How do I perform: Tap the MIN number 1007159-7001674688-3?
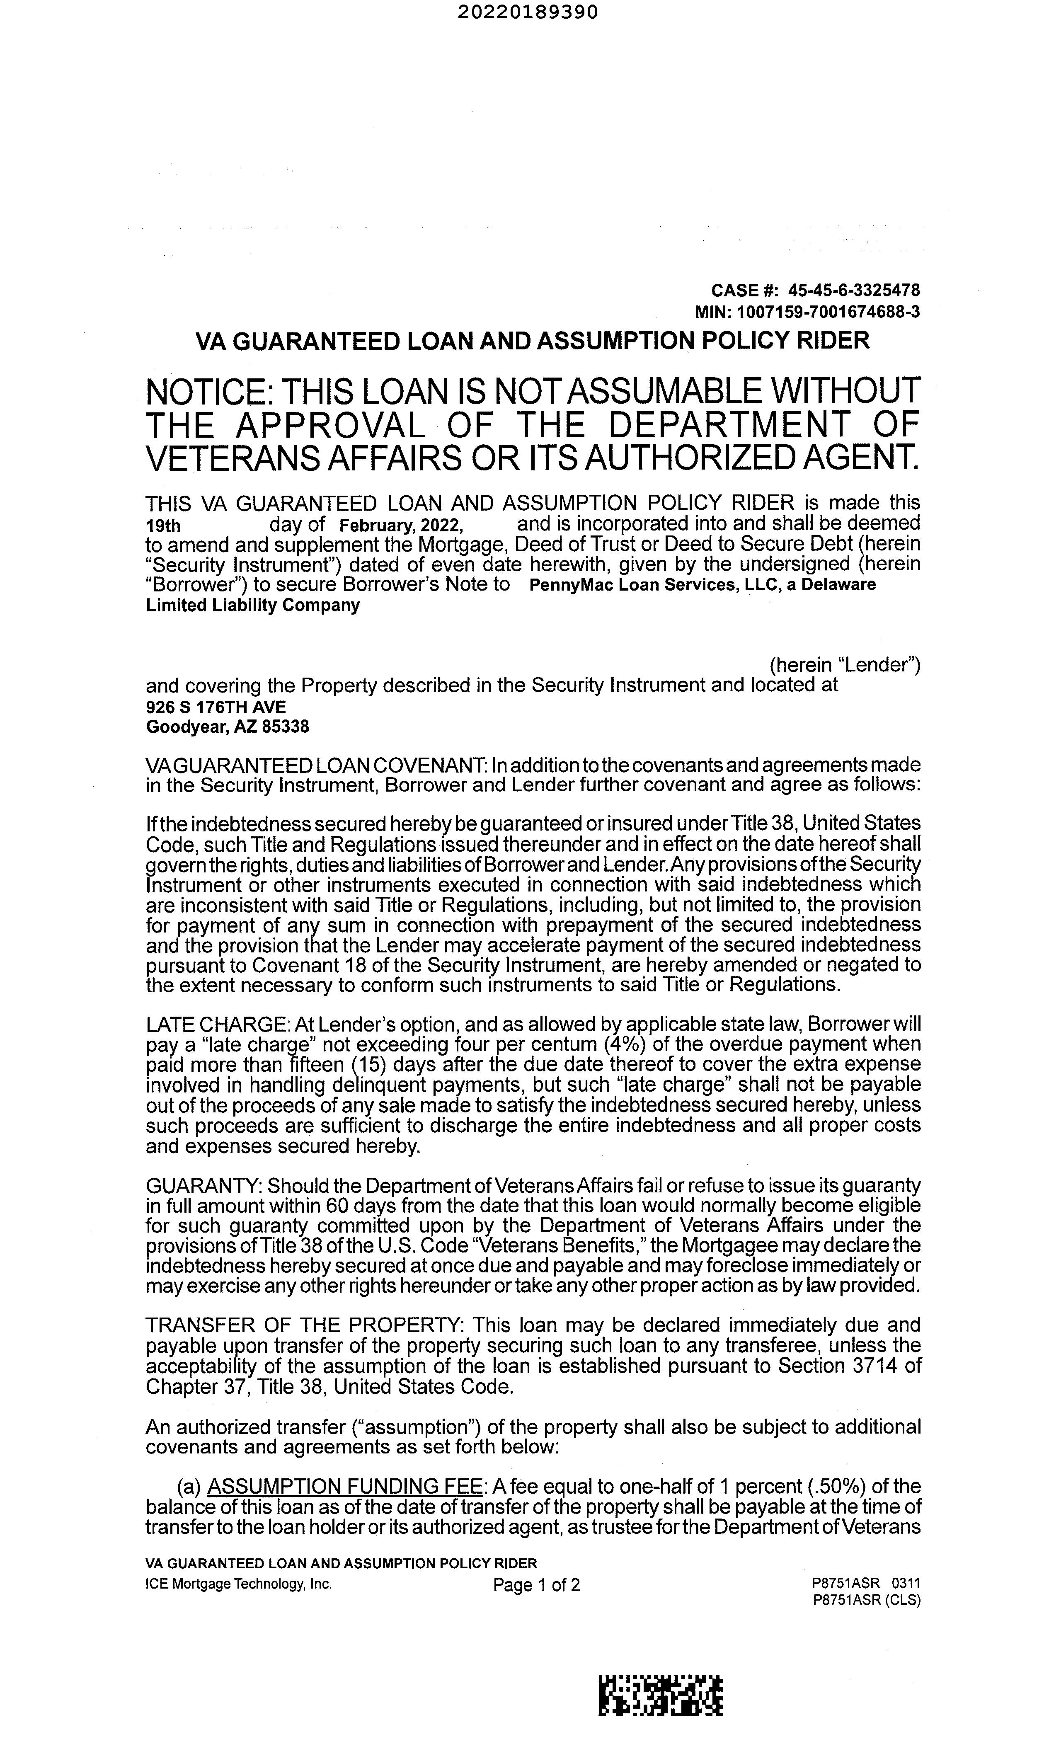point(828,311)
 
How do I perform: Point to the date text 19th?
point(163,526)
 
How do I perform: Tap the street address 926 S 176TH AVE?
point(216,706)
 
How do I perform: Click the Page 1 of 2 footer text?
point(537,1585)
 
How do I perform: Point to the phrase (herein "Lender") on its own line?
point(844,665)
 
